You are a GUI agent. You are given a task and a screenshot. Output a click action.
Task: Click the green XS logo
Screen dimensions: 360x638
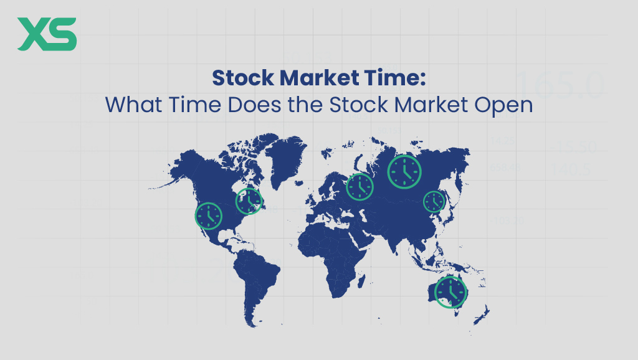[x=47, y=34]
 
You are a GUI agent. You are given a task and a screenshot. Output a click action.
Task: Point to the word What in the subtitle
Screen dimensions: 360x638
[x=133, y=104]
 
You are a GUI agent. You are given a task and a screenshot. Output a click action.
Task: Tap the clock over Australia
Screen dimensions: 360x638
[x=450, y=291]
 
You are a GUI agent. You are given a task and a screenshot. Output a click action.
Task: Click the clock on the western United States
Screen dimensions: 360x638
[x=208, y=216]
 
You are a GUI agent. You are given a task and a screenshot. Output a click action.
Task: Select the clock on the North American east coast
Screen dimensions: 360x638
[x=249, y=201]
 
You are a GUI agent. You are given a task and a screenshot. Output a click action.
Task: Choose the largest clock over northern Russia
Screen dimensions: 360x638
[x=404, y=171]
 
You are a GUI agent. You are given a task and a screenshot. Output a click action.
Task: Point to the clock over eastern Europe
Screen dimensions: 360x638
[x=359, y=187]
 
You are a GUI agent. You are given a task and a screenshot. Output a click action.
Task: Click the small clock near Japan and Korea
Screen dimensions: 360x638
[x=434, y=201]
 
